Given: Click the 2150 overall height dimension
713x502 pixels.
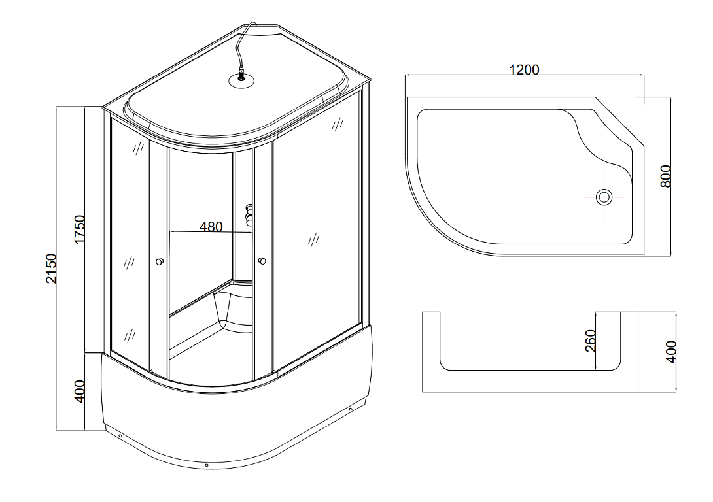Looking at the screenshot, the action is click(x=52, y=269).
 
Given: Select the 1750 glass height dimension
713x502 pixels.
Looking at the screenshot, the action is click(x=80, y=229).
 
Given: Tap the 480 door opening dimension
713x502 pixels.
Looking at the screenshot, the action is click(x=211, y=227).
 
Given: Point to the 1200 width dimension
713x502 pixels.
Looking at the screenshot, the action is click(x=525, y=69).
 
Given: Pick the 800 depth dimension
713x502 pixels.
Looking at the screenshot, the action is click(x=665, y=176).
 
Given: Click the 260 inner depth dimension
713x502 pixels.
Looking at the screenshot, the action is click(x=590, y=341).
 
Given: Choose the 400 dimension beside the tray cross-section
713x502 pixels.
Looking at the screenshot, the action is click(x=670, y=352).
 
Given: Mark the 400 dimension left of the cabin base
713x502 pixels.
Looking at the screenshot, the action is click(x=79, y=391).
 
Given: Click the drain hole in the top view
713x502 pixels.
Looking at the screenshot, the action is click(x=604, y=197).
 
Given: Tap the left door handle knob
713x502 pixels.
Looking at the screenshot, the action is click(x=160, y=261).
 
